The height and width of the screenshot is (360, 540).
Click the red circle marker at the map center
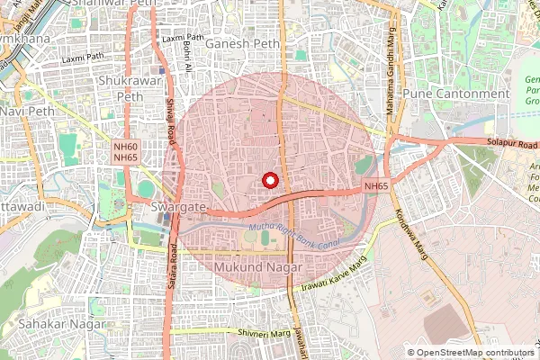[x=269, y=180]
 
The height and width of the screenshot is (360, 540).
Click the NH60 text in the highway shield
[x=126, y=146]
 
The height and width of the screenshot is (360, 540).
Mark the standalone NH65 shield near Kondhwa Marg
[x=375, y=186]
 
